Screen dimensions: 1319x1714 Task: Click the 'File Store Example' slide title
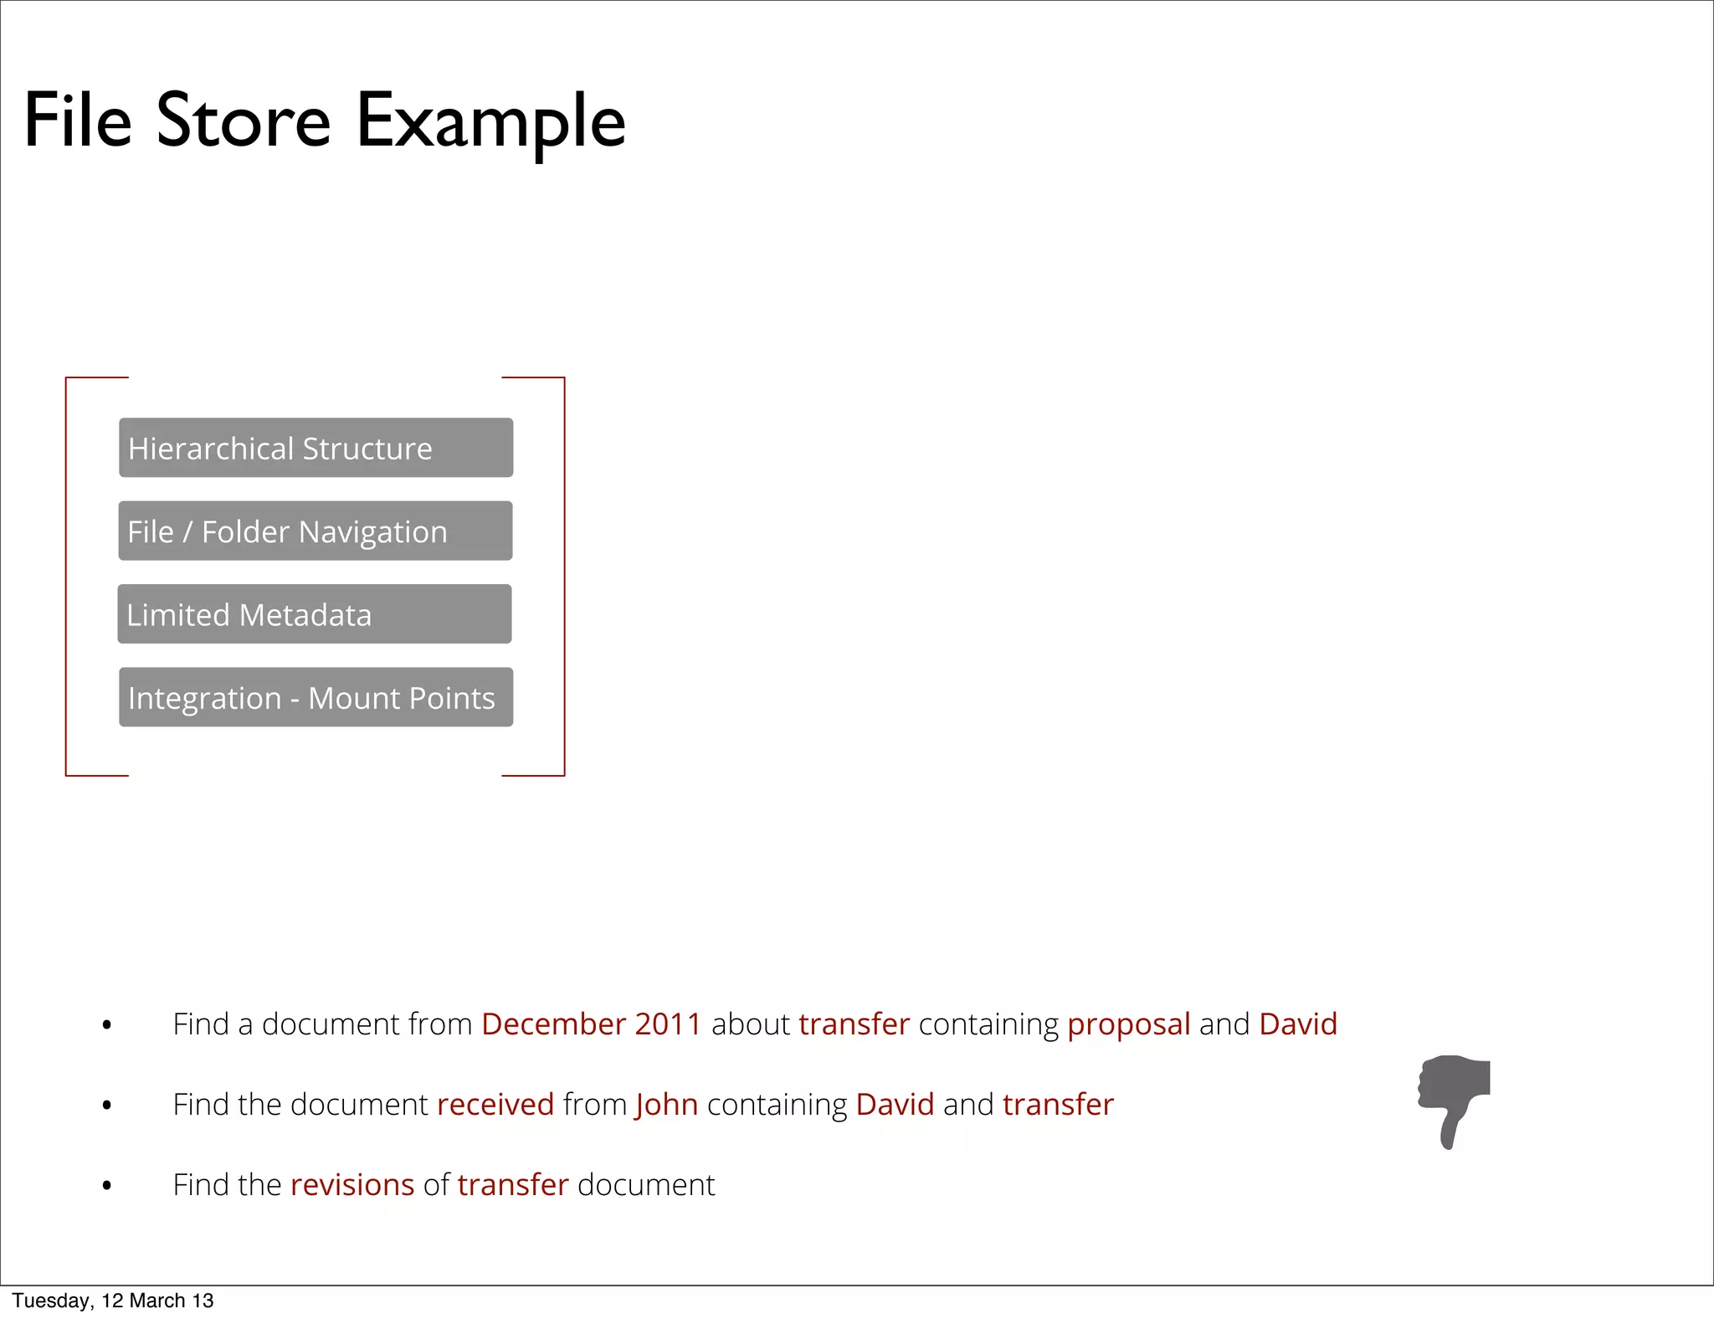coord(325,121)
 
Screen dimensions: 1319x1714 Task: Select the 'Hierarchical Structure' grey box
coord(316,448)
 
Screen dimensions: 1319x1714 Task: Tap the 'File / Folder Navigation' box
coord(316,531)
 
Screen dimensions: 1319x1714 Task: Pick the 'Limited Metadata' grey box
coord(315,613)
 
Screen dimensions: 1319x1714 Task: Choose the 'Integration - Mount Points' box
coord(316,697)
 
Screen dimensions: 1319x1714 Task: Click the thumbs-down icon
coord(1455,1101)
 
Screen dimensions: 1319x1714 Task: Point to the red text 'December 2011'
coord(591,1024)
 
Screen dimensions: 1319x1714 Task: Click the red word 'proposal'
coord(1128,1024)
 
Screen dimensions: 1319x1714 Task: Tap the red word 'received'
coord(495,1105)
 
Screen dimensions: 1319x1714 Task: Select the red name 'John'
coord(666,1105)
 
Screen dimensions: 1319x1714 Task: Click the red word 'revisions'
coord(352,1185)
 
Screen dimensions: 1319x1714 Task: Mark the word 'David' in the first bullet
coord(1298,1024)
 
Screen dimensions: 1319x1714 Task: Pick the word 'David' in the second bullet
coord(895,1105)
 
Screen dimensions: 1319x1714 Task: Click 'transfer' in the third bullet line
coord(513,1185)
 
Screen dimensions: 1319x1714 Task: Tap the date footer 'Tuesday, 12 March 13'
coord(113,1301)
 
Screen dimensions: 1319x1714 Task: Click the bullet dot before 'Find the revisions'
coord(106,1186)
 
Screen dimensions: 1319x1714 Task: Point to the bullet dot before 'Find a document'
coord(106,1025)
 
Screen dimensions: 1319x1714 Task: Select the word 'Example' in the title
coord(491,121)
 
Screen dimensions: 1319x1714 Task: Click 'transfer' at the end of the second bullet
coord(1058,1105)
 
